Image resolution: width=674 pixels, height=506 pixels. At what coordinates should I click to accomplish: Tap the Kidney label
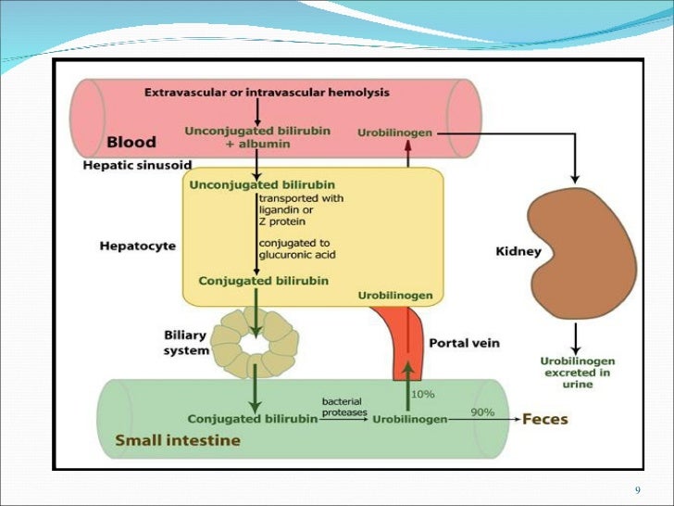tap(518, 251)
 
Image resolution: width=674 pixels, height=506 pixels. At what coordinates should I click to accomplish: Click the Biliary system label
tap(184, 343)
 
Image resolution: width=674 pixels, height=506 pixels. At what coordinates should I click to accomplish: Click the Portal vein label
tap(464, 343)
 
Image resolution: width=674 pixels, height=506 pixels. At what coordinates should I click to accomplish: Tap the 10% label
tap(423, 394)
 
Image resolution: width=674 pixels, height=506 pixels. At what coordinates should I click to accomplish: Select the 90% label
tap(482, 412)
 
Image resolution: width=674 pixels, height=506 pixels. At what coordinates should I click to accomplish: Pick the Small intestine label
tap(177, 440)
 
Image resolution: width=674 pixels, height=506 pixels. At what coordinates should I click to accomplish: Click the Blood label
tap(131, 143)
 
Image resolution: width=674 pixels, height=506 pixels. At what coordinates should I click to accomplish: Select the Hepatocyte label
tap(137, 247)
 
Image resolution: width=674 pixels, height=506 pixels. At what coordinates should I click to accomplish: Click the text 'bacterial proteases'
tap(344, 407)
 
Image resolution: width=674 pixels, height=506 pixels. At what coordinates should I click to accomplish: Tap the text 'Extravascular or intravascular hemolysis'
tap(267, 93)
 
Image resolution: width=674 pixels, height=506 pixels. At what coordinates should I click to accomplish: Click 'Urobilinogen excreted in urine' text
tap(577, 373)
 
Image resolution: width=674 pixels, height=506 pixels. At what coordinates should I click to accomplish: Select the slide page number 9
tap(638, 489)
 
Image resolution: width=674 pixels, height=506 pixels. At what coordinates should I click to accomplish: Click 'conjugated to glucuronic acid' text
tap(296, 249)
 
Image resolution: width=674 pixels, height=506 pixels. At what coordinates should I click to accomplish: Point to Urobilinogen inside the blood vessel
tap(394, 133)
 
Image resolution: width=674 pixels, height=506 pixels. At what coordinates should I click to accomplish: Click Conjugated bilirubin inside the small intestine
tap(249, 418)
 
